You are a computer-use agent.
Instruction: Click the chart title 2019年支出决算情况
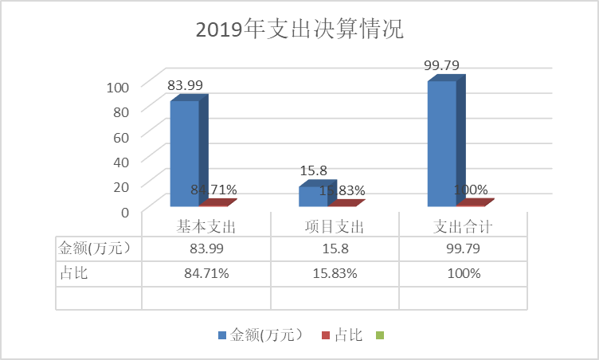(299, 31)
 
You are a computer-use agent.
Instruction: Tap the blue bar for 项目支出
(313, 196)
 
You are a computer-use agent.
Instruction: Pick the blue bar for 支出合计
(442, 143)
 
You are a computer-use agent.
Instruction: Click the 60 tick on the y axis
(121, 136)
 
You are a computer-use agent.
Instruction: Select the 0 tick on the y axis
(124, 211)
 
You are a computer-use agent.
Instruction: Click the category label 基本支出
(206, 227)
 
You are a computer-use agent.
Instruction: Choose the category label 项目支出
(335, 227)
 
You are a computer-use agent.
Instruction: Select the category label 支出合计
(463, 227)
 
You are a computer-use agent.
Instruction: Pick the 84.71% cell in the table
(206, 273)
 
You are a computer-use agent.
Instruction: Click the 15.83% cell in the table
(335, 273)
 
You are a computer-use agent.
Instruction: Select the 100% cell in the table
(463, 273)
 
